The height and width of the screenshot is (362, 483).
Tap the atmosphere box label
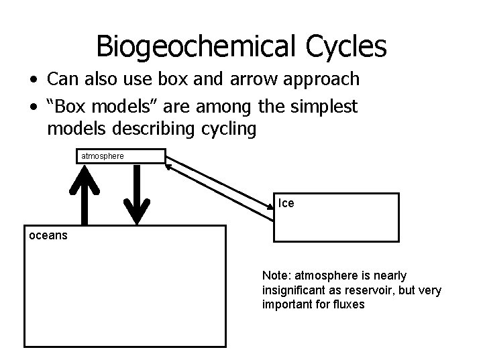click(102, 156)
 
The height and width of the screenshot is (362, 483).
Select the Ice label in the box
click(286, 203)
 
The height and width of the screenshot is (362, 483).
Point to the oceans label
click(48, 235)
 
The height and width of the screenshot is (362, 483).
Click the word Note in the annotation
click(274, 276)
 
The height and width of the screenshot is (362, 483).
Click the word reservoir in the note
click(367, 290)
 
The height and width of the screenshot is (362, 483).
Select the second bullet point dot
click(32, 107)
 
